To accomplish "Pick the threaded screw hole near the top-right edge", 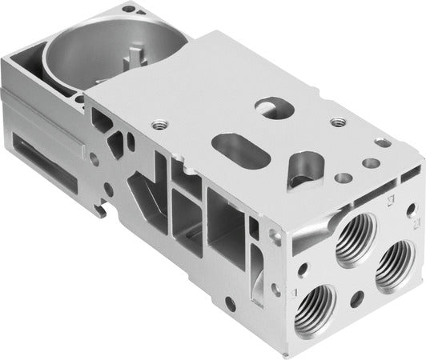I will pos(339,122).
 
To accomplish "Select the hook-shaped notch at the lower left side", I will pos(100,210).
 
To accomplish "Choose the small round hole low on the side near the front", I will pos(230,303).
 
